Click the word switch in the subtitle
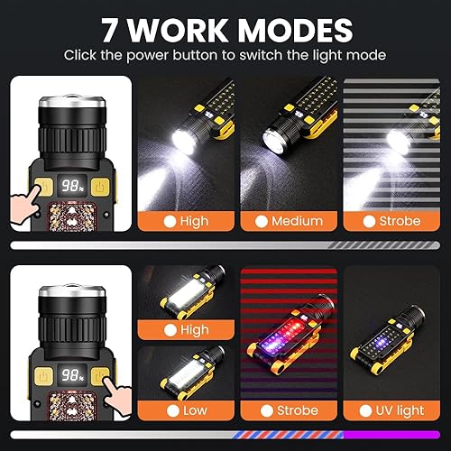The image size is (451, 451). [x=274, y=54]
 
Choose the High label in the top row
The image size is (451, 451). [x=194, y=221]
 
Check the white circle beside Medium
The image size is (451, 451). [x=262, y=221]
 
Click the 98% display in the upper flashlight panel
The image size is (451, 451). [x=70, y=190]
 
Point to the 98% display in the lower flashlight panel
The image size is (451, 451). [x=70, y=375]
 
